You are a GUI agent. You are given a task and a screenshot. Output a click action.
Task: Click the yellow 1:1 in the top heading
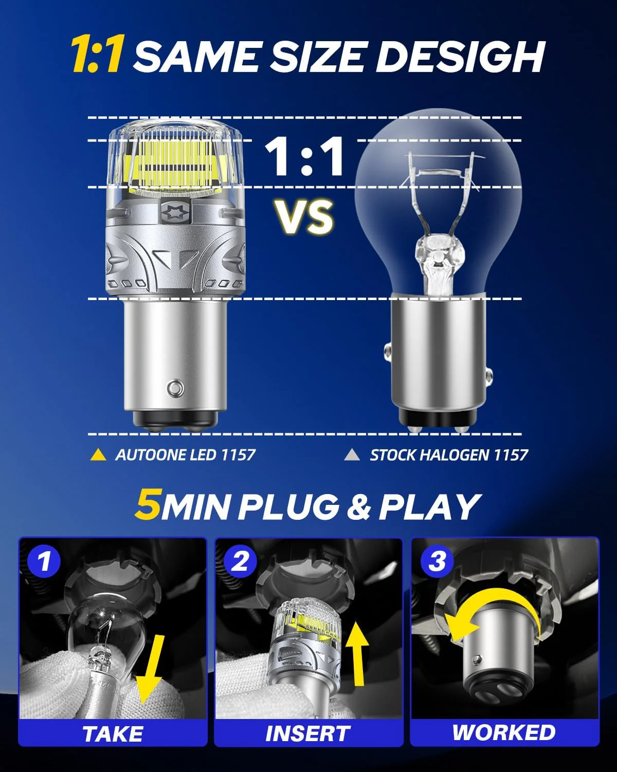96,56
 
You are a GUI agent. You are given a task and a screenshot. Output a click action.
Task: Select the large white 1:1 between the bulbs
304,156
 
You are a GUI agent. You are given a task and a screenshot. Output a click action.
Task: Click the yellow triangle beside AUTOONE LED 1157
98,455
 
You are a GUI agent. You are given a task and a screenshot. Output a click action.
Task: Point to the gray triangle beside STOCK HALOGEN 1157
352,455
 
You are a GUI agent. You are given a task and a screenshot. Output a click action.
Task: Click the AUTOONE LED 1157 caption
185,455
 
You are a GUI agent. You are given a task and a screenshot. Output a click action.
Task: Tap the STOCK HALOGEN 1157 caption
449,455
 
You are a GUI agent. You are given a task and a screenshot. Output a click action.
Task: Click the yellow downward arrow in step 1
151,669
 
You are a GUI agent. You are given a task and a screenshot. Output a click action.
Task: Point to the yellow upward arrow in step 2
357,656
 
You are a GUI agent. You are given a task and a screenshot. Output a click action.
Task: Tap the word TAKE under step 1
113,734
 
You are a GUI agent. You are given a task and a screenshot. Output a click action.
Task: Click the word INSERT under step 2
307,734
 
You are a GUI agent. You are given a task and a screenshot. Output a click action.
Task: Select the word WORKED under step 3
504,732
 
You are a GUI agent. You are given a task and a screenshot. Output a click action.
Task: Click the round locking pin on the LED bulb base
175,386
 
